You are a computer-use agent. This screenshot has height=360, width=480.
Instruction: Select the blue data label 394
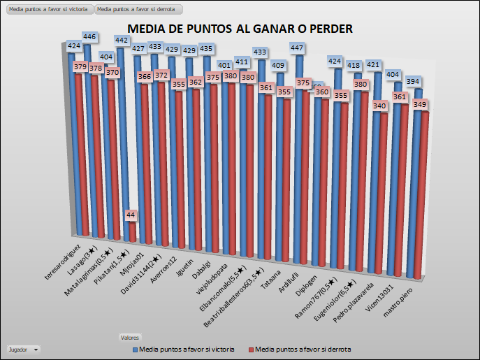click(x=413, y=82)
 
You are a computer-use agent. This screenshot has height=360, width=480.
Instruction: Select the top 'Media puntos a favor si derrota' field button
click(x=138, y=10)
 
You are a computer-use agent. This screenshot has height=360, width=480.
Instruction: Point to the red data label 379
click(x=79, y=67)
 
